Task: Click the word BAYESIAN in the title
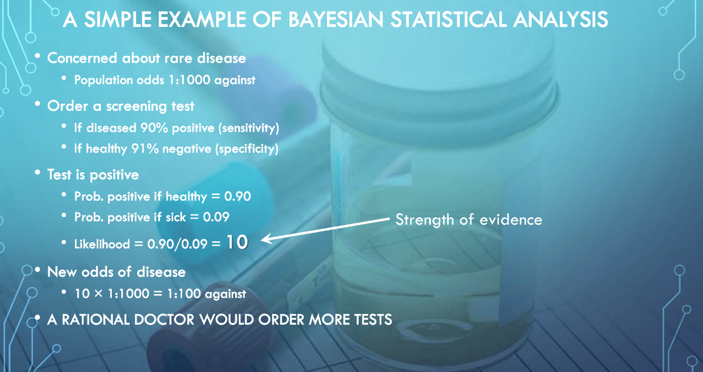[x=335, y=19]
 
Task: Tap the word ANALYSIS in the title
[x=561, y=19]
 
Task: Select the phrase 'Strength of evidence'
[x=468, y=220]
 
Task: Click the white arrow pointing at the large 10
[x=325, y=230]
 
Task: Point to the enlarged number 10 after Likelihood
[x=237, y=242]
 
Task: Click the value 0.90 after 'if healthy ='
[x=237, y=197]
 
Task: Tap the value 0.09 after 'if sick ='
[x=216, y=217]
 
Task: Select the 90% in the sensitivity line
[x=154, y=128]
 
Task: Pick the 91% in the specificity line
[x=145, y=149]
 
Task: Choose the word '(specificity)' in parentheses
[x=247, y=149]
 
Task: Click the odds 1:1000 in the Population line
[x=189, y=80]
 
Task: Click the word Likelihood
[x=102, y=244]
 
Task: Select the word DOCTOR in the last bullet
[x=164, y=320]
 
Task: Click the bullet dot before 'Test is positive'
[x=37, y=172]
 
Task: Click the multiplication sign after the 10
[x=98, y=294]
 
